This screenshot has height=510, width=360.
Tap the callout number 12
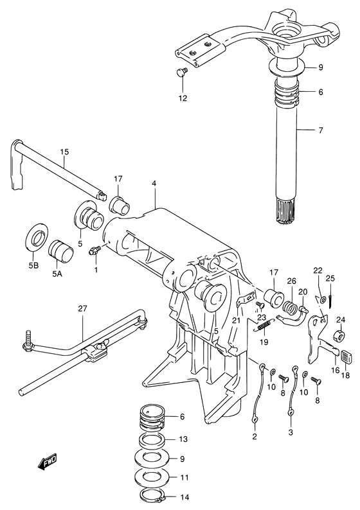click(183, 98)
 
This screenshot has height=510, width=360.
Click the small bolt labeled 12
click(182, 73)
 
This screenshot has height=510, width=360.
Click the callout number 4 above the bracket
click(154, 184)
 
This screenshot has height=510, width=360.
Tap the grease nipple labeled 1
click(94, 251)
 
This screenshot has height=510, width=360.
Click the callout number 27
click(82, 308)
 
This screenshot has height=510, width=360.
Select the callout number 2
click(254, 437)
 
